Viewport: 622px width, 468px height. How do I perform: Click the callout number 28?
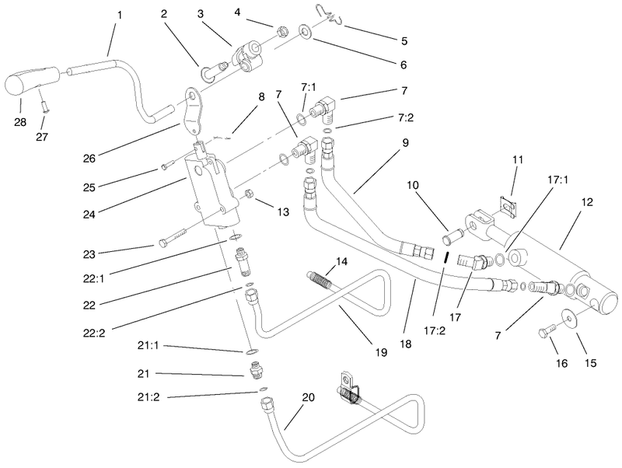click(20, 122)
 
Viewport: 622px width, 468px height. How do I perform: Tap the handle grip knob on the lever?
click(32, 80)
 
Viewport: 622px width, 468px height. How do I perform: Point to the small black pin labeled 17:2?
click(446, 257)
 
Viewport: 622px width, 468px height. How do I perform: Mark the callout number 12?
click(587, 202)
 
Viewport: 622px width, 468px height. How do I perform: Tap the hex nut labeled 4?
click(281, 30)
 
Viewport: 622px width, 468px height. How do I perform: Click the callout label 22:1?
click(93, 279)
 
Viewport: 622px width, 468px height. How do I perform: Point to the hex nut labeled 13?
click(250, 193)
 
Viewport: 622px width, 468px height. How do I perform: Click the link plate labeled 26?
click(193, 111)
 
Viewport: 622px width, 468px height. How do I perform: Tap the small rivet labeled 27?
click(45, 107)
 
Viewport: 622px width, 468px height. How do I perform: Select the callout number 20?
click(308, 397)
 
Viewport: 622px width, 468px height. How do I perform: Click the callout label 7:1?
click(307, 87)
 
